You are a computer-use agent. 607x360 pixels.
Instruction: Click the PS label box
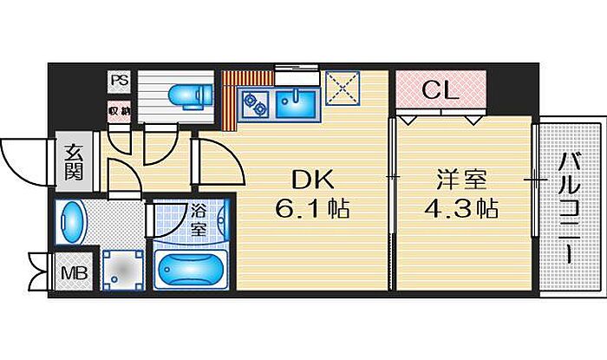(120, 82)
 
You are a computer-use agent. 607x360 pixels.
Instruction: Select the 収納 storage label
(119, 112)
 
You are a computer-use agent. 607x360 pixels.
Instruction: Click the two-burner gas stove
(254, 104)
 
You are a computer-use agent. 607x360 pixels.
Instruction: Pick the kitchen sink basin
(296, 103)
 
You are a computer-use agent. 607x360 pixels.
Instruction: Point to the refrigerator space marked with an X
(343, 88)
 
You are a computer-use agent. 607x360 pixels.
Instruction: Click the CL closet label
(441, 90)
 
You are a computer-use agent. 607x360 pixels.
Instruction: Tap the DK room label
(313, 180)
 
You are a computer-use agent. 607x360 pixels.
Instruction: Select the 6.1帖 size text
(312, 209)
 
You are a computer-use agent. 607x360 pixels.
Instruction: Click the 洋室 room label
(461, 180)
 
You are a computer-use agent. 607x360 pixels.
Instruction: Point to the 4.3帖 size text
(461, 209)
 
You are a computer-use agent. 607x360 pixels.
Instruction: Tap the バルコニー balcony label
(571, 208)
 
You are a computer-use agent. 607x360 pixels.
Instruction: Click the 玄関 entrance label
(74, 162)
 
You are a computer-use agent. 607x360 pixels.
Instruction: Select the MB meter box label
(75, 273)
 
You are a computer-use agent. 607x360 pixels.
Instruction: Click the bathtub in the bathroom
(191, 270)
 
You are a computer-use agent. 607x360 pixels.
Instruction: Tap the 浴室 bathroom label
(199, 220)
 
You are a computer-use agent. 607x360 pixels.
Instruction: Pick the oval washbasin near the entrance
(70, 222)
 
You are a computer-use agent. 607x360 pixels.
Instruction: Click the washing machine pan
(123, 270)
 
